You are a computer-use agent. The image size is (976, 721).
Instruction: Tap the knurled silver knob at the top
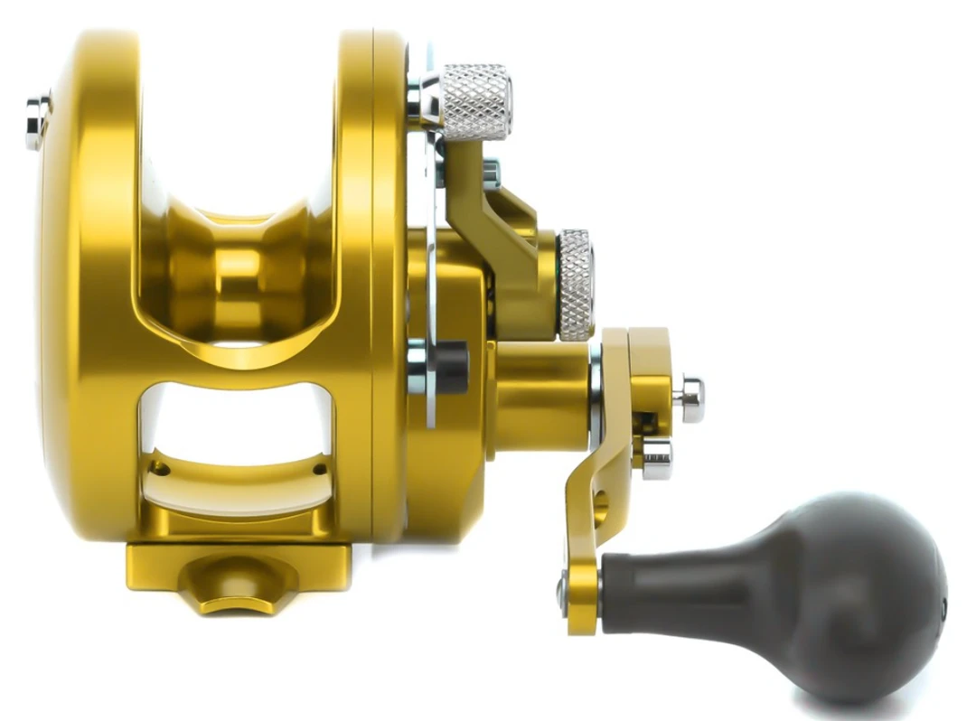[x=475, y=101]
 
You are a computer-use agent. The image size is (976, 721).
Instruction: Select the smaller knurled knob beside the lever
[x=575, y=285]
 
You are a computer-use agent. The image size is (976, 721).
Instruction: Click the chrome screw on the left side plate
[x=37, y=121]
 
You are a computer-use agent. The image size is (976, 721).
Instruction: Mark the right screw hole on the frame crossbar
[x=319, y=469]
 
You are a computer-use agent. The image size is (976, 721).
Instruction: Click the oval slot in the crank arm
[x=600, y=506]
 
